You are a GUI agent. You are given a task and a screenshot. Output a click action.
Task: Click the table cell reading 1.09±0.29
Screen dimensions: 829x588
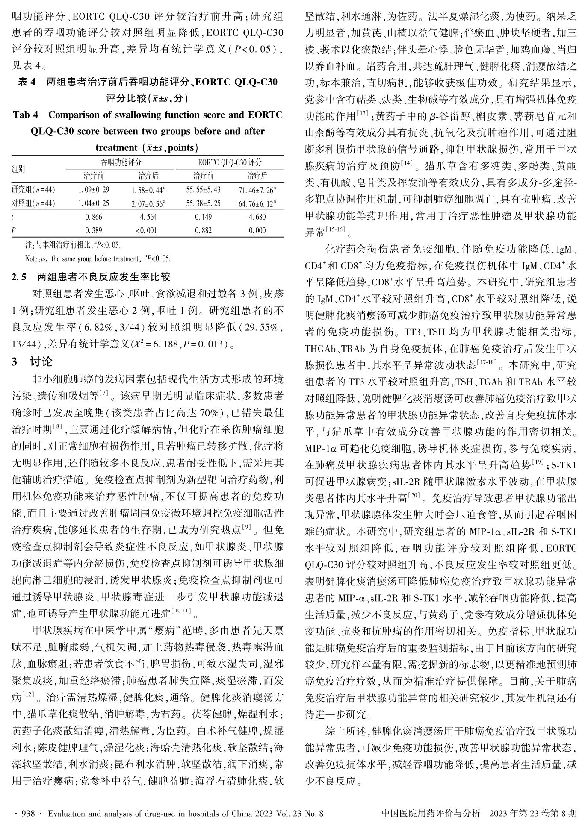click(94, 190)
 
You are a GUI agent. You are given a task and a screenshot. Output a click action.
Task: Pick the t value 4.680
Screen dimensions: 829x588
click(257, 217)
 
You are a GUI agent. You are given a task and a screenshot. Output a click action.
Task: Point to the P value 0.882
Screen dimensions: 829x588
click(203, 230)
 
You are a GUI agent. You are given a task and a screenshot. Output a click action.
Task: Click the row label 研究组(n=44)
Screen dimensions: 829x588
click(33, 190)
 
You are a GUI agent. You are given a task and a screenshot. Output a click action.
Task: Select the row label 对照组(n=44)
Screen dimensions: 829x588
click(33, 203)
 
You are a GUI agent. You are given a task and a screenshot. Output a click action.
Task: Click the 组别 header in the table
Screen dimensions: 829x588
click(19, 169)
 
